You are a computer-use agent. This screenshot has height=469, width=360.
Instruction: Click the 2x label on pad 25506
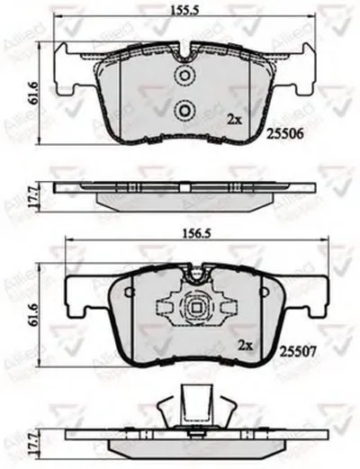(x=235, y=119)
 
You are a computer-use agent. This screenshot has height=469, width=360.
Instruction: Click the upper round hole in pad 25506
(x=186, y=76)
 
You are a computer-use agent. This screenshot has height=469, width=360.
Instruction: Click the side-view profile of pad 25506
(x=184, y=191)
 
